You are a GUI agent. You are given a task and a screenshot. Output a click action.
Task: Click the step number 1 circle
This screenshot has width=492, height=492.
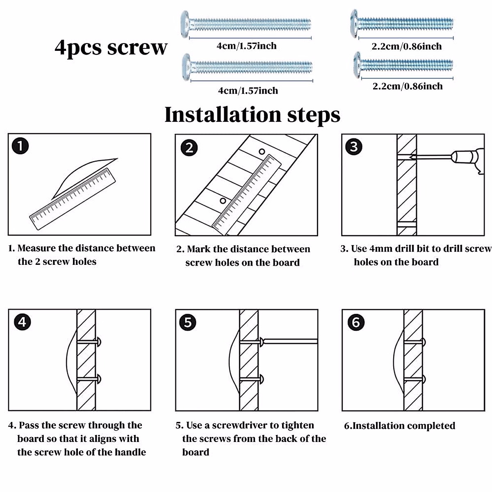(20, 146)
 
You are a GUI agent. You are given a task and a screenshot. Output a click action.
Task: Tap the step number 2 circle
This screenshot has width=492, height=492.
(189, 148)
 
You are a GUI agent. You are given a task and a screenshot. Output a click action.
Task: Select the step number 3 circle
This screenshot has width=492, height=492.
(354, 146)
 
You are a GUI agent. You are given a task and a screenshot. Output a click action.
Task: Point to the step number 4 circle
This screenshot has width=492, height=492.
(22, 322)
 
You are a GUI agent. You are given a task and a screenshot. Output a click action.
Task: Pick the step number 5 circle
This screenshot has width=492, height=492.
(188, 322)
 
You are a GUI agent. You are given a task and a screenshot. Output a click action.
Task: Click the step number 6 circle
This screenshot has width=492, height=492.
(355, 322)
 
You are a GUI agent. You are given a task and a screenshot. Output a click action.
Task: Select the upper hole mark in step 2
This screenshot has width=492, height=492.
(262, 151)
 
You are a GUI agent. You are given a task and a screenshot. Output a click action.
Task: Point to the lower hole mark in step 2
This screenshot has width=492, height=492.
(223, 201)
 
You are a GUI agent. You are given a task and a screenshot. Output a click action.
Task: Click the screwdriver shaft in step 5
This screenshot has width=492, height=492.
(291, 341)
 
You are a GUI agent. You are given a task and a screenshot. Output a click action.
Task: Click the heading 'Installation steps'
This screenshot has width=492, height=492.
(252, 114)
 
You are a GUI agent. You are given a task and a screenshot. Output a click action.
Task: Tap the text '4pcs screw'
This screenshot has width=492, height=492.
(111, 47)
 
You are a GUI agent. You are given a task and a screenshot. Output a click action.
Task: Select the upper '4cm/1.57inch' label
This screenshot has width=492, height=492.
(246, 46)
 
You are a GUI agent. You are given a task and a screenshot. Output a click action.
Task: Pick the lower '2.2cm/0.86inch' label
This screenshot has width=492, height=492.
(408, 86)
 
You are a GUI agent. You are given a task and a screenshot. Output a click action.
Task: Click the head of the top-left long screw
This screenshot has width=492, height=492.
(185, 25)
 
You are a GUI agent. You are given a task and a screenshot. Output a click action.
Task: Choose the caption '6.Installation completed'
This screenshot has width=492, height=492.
(399, 426)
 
